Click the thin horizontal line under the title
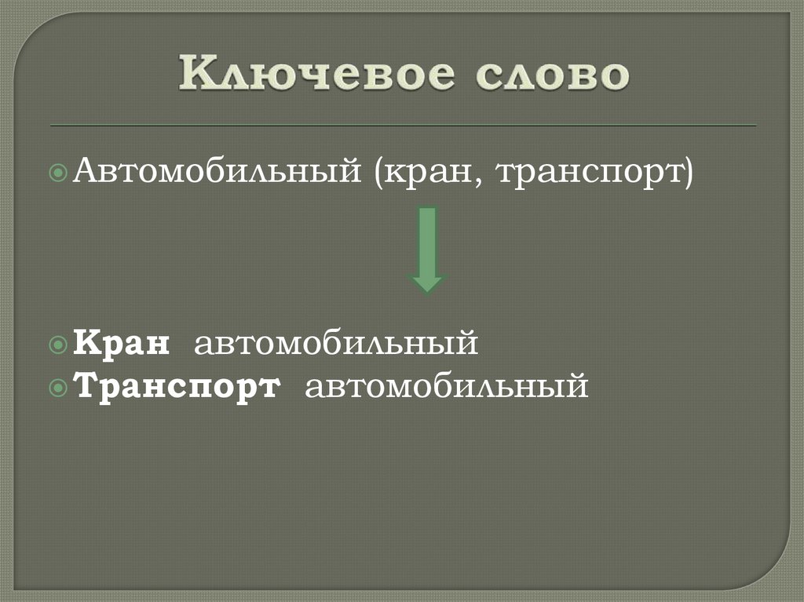403,126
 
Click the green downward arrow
427,248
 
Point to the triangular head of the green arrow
427,283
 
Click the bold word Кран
123,343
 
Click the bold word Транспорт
177,387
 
